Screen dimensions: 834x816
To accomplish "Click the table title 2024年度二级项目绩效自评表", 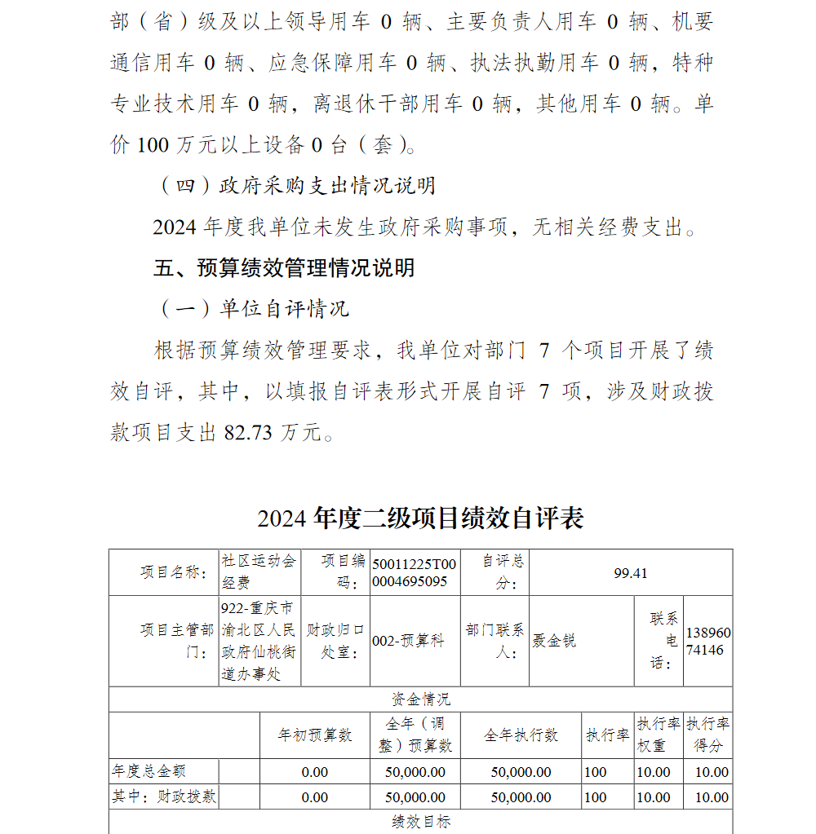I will [x=420, y=518].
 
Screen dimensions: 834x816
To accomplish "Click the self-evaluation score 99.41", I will [x=630, y=573].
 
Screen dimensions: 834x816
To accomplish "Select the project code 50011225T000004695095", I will [x=415, y=573].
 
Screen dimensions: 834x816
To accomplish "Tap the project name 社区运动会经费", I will [x=259, y=571].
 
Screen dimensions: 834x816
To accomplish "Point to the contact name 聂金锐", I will [x=554, y=641].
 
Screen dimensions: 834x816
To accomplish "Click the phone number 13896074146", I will [x=708, y=642].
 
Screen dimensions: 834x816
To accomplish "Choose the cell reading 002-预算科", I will [x=408, y=641].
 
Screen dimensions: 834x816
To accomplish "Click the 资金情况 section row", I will [x=420, y=699].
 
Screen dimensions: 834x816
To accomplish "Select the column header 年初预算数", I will [x=315, y=735].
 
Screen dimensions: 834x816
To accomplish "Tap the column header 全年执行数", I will [x=521, y=735].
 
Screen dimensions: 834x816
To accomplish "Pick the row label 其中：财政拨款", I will [x=164, y=797].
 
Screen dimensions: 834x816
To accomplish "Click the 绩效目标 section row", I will [x=420, y=823].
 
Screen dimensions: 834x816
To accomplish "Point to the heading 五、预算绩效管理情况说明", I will [x=283, y=268].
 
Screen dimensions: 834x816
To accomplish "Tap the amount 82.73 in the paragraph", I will [x=247, y=433].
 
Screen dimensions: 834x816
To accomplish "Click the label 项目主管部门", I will [x=177, y=641].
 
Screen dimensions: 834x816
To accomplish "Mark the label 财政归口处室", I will [x=335, y=641].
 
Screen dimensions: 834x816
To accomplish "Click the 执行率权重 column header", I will [x=658, y=735].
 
